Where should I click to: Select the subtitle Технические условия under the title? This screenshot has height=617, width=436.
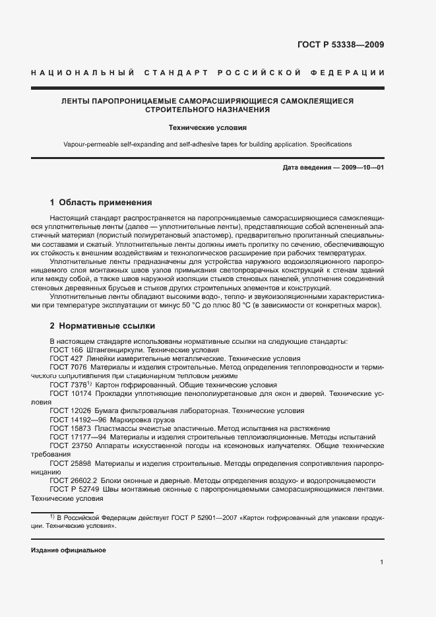[x=207, y=129]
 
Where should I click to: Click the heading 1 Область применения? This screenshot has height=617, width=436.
[x=101, y=203]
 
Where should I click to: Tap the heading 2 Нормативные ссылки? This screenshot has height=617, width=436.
[x=102, y=326]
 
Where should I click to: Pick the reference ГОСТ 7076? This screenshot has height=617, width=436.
[x=67, y=367]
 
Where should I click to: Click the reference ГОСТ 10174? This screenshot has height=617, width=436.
[x=69, y=393]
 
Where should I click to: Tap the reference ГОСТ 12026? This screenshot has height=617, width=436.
[x=69, y=410]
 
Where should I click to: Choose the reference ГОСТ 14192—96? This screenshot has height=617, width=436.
[x=76, y=420]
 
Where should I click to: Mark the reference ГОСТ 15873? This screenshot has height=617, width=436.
[x=69, y=428]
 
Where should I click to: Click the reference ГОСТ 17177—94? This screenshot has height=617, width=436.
[x=76, y=437]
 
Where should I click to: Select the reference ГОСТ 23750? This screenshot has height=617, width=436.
[x=69, y=445]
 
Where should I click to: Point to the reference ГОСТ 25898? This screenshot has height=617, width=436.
[x=69, y=463]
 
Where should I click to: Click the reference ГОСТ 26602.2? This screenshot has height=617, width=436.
[x=73, y=480]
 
